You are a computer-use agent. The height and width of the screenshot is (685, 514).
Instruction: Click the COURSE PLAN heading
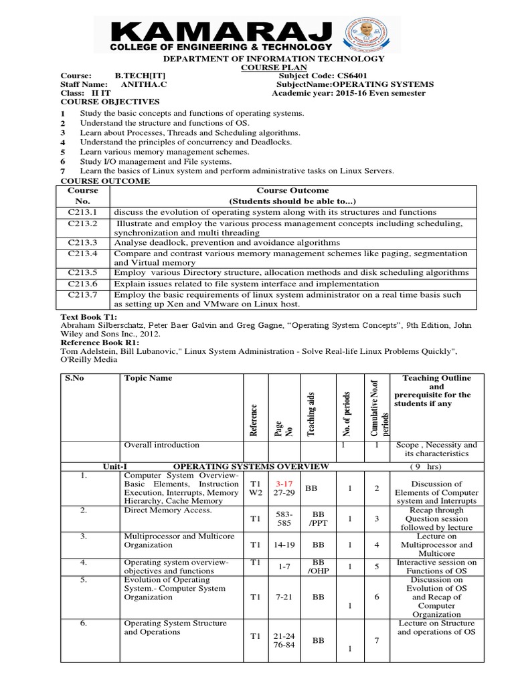pos(274,68)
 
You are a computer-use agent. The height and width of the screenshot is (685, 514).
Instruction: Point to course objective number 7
pos(62,171)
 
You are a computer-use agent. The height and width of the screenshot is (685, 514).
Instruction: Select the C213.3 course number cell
pos(82,242)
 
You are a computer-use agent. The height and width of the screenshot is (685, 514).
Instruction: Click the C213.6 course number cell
pos(82,284)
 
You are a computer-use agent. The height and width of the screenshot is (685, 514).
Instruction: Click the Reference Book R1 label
pos(97,342)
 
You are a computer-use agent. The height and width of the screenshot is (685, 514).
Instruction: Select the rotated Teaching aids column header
pos(311,414)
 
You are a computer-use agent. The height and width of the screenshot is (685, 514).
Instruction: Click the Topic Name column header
pos(148,379)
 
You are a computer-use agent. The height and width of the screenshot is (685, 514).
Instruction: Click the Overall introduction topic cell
pos(162,445)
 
